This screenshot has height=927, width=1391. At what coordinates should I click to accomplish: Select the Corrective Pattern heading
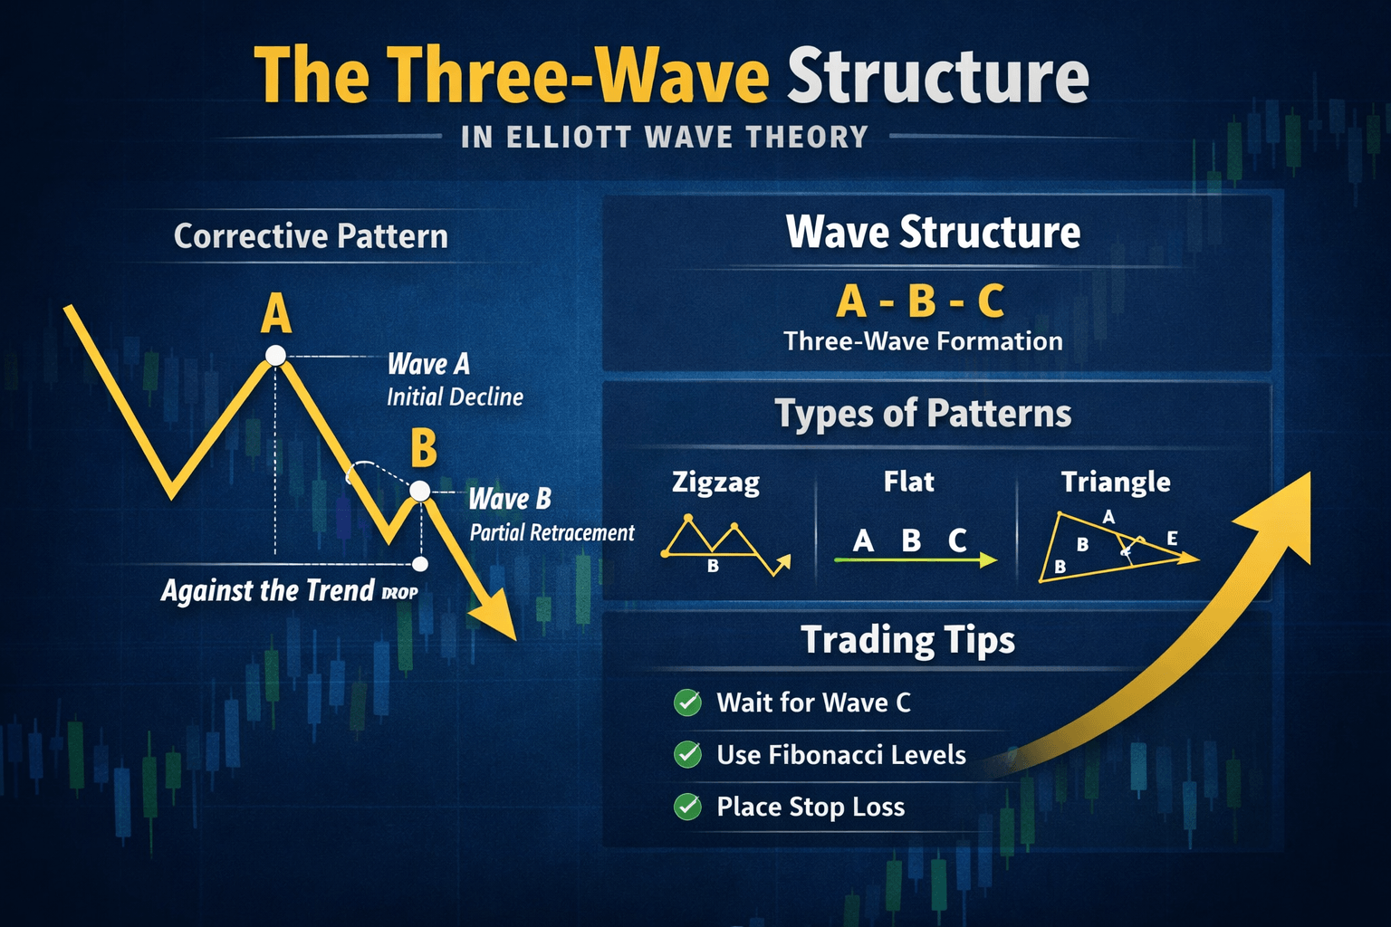pos(311,236)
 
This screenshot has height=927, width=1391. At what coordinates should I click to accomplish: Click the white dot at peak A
pos(275,355)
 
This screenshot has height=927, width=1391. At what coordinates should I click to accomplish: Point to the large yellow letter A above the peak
pos(275,314)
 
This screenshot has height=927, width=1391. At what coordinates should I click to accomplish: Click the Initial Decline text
pos(456,397)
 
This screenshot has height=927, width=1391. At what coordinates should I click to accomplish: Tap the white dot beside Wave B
pos(420,492)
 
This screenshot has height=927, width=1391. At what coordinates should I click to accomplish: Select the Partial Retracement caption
pos(552,532)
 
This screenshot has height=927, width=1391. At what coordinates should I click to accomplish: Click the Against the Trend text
pos(268,590)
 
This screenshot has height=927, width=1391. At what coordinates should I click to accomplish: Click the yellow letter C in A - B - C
pos(991,301)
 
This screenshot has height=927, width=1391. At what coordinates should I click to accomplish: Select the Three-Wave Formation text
pos(923,341)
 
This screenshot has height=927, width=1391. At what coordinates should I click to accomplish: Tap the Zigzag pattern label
pos(716,483)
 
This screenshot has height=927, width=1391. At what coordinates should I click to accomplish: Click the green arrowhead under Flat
pos(987,560)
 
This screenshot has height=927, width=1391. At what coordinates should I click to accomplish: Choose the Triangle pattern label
pos(1116,483)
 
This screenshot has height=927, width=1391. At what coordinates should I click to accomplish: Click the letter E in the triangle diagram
pos(1173,538)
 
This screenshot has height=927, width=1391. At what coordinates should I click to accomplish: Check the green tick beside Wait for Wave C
pos(687,702)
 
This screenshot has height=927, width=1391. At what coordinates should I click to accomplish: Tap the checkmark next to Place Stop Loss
pos(687,808)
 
